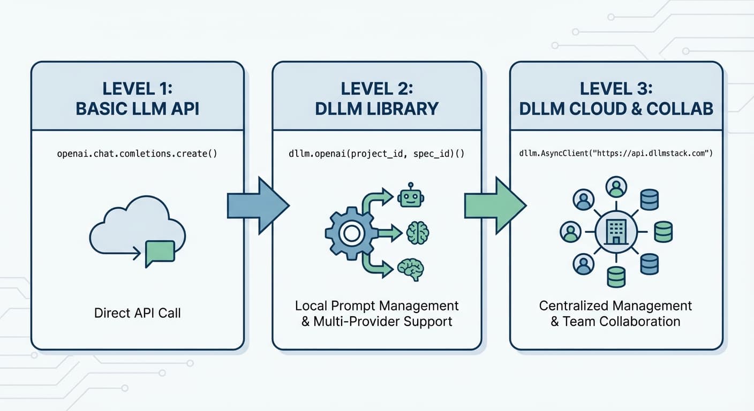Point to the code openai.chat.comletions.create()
coord(137,154)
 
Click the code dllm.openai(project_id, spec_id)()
coord(376,154)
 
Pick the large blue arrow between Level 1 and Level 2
coord(258,206)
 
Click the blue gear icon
coord(351,233)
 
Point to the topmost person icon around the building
coord(616,187)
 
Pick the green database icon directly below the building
coord(616,277)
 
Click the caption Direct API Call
coord(137,313)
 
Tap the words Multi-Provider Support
coord(383,322)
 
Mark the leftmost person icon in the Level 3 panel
coord(571,232)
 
